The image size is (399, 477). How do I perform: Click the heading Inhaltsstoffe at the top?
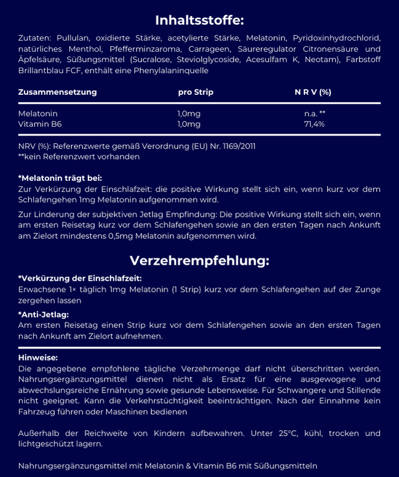coord(199,20)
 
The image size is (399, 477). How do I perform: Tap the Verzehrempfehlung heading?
coord(199,260)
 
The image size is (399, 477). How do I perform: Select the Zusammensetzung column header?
coord(58,92)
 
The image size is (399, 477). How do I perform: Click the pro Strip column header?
coord(196,92)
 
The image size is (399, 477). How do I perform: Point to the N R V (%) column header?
coord(313,92)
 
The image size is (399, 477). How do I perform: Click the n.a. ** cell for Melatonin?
coord(314,114)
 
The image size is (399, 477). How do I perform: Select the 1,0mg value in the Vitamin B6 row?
coord(189,124)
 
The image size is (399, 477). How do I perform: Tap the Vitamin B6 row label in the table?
coord(40,124)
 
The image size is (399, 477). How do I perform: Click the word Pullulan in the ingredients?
coord(68,38)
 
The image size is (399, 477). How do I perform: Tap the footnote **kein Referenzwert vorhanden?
coord(79,156)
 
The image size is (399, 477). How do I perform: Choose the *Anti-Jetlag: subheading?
coord(43,315)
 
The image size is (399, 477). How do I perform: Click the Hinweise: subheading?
coord(38,358)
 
